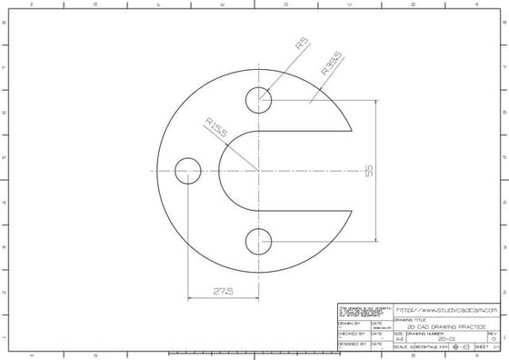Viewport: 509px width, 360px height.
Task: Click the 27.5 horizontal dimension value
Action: [224, 291]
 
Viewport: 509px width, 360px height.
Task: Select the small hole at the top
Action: [259, 99]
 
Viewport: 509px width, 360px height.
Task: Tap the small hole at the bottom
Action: [259, 241]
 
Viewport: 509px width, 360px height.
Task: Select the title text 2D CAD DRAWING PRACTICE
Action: [445, 326]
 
